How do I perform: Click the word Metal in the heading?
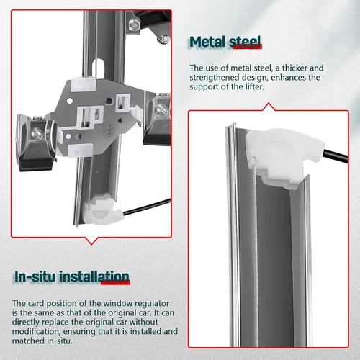pos(207,42)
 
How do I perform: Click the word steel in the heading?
pos(245,42)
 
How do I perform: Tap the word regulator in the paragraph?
pos(152,303)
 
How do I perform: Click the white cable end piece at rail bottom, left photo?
pos(103,210)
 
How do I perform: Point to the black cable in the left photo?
pos(147,207)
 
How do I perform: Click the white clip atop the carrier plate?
pos(84,84)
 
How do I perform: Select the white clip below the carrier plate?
pos(80,150)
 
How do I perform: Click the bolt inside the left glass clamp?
pos(37,132)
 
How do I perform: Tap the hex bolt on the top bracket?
pos(134,25)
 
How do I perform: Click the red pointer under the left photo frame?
pos(91,240)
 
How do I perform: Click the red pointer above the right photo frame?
pos(269,107)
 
